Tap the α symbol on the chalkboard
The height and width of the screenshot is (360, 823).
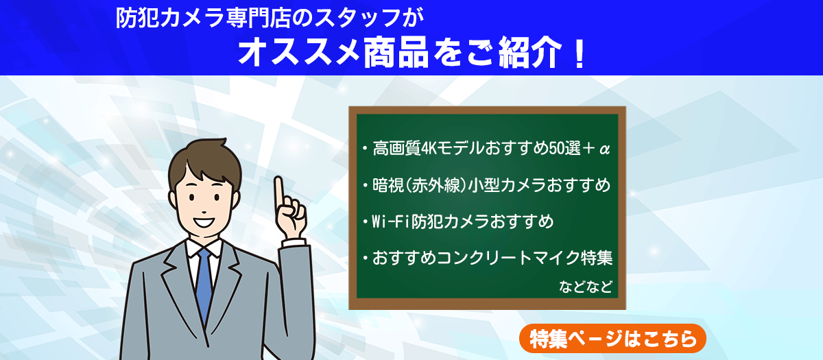tap(604, 149)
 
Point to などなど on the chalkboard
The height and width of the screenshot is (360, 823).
tap(586, 286)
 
